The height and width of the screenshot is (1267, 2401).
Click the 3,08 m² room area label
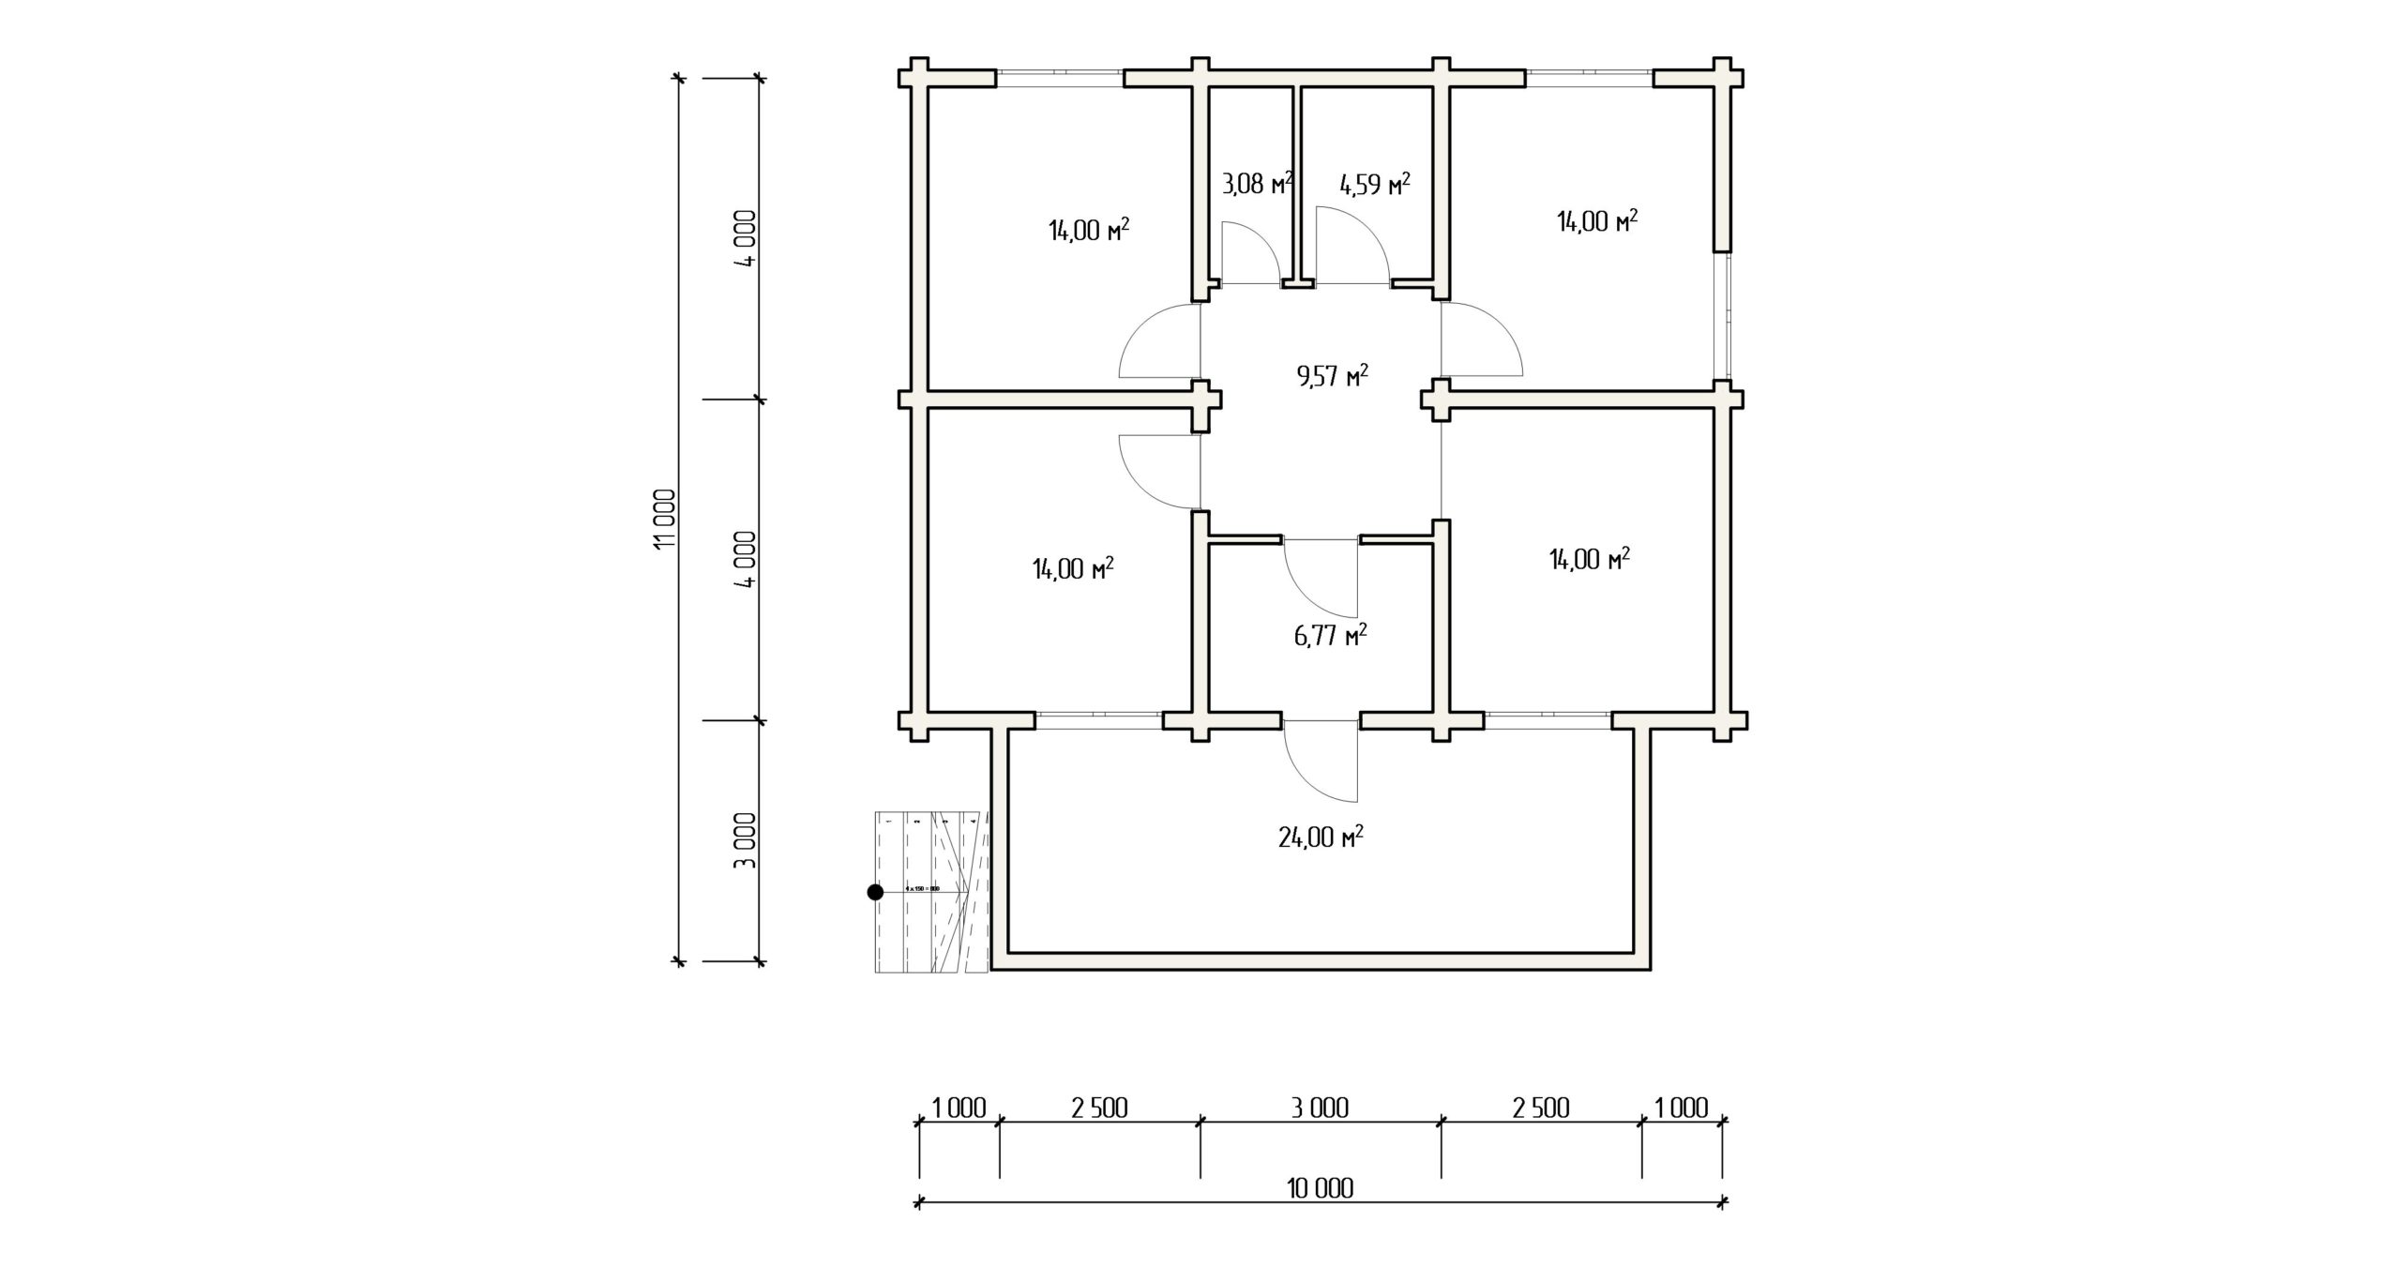click(1258, 184)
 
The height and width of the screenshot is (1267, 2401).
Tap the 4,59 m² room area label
click(1375, 184)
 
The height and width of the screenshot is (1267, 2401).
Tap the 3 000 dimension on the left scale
click(745, 841)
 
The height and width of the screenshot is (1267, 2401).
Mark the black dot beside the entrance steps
click(875, 892)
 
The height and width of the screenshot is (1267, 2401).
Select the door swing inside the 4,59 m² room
click(1351, 246)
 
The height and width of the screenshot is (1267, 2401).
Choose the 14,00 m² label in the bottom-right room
click(1589, 560)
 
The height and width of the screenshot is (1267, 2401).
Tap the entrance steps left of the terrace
click(931, 891)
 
